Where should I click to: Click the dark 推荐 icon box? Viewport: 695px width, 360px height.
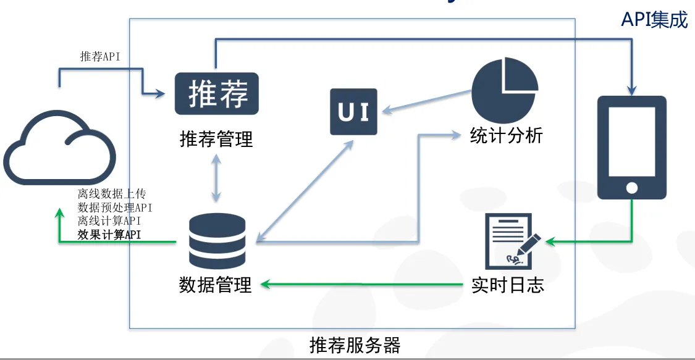click(217, 93)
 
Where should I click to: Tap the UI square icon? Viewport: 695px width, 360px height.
click(354, 112)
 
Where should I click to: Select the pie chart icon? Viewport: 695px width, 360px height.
click(504, 90)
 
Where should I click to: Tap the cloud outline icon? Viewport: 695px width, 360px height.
click(59, 148)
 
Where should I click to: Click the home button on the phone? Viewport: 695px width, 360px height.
click(632, 188)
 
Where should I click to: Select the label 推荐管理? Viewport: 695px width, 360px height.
click(216, 139)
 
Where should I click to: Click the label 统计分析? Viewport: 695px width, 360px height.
click(506, 135)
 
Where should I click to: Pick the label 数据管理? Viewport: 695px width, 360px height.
click(216, 285)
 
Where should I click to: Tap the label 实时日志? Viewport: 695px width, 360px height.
click(508, 285)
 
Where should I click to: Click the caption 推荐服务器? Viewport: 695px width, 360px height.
click(355, 345)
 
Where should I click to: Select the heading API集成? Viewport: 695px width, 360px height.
click(655, 20)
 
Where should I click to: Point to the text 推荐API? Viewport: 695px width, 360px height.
click(100, 56)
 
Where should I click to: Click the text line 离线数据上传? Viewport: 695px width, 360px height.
click(112, 193)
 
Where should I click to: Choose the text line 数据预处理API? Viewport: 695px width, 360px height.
click(115, 207)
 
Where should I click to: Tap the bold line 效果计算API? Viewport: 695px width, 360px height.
click(109, 235)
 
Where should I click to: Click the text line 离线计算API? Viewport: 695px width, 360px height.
click(109, 221)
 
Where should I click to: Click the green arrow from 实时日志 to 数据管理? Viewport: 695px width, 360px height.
click(361, 284)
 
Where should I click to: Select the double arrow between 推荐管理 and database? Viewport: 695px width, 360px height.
click(216, 178)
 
